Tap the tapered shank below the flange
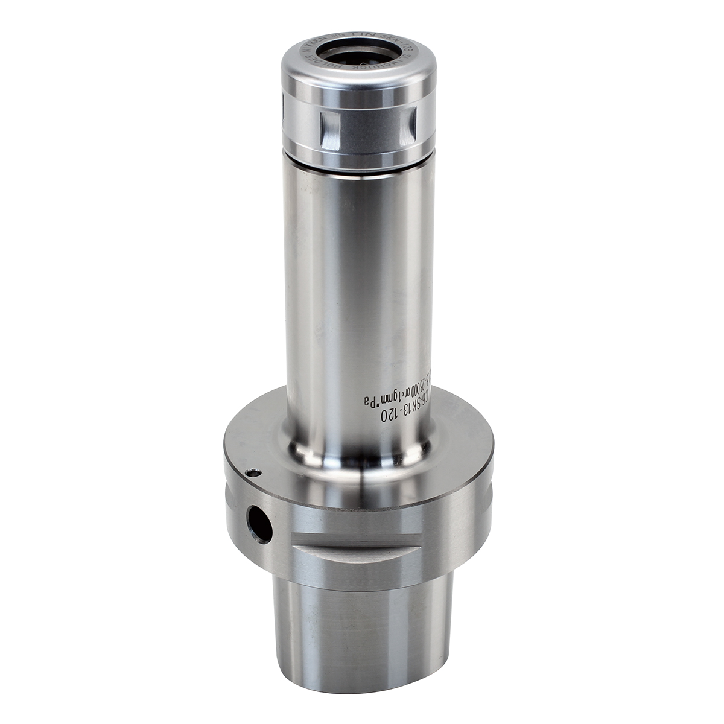click(x=362, y=634)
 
